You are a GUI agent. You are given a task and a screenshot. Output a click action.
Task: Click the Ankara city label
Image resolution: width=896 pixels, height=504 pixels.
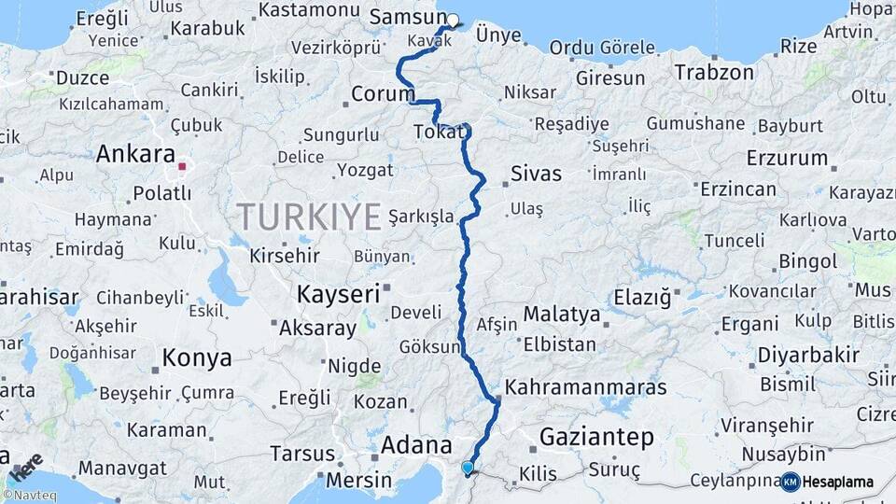135,154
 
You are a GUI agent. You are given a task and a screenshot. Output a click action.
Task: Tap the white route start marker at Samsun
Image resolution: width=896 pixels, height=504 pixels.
453,21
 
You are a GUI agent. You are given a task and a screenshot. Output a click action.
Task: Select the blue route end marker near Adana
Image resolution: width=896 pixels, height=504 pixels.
468,468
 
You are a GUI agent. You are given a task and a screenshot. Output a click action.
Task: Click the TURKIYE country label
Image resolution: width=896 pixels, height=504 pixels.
309,217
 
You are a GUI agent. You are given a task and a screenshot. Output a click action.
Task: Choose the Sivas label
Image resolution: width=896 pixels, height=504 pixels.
537,174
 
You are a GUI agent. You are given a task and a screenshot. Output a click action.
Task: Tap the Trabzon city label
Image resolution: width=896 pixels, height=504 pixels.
714,72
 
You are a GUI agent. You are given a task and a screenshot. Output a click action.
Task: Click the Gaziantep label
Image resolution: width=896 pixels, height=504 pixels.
597,437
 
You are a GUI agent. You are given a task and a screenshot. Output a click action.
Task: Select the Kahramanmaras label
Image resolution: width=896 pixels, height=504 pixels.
586,387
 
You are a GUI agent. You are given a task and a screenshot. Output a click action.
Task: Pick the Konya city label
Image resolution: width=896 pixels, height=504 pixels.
197,357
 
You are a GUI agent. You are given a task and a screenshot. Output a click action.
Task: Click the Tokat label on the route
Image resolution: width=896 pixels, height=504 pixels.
438,134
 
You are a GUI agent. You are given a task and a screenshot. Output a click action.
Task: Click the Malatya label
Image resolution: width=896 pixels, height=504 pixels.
561,314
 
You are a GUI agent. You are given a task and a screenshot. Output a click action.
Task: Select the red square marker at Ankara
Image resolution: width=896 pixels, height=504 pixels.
182,168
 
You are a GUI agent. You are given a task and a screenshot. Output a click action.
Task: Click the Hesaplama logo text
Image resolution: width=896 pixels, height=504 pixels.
837,483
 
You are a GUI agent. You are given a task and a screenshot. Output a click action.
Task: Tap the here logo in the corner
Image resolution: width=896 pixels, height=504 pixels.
27,463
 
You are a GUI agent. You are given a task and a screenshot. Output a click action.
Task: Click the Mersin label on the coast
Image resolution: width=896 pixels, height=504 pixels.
359,481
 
